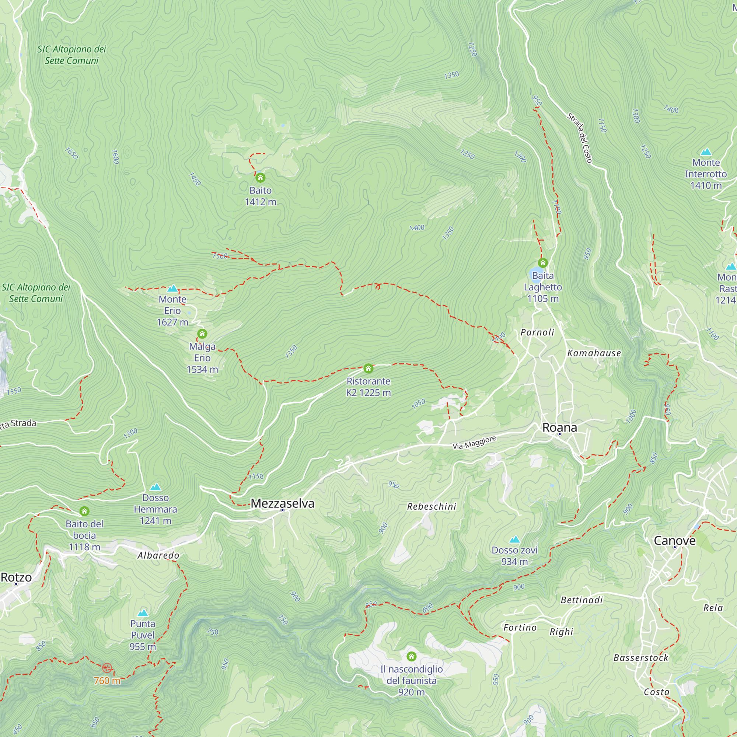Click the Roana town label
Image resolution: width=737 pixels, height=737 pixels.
(x=559, y=427)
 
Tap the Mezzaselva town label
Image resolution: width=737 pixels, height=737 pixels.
(x=282, y=503)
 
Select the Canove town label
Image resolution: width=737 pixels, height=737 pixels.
(x=674, y=541)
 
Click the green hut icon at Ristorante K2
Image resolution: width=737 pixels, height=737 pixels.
(x=368, y=368)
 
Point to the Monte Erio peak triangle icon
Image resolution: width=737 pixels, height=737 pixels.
(x=172, y=289)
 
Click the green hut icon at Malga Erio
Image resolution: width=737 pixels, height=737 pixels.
(x=202, y=334)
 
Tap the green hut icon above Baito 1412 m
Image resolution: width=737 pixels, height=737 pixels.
(x=260, y=177)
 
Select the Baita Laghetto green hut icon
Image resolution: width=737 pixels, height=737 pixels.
(x=542, y=262)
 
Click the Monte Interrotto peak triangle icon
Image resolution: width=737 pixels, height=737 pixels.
(x=706, y=152)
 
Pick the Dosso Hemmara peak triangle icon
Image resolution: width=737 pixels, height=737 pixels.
(x=155, y=487)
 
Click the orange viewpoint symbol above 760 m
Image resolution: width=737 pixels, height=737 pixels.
(x=107, y=668)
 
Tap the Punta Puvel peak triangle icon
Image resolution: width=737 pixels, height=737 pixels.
(x=143, y=613)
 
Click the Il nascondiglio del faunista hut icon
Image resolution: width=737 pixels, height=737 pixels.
(x=411, y=656)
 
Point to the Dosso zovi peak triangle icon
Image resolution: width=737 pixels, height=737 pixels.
(x=514, y=539)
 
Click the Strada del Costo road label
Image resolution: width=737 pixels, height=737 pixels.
(x=579, y=138)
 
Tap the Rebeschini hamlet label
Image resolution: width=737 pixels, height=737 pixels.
(x=432, y=507)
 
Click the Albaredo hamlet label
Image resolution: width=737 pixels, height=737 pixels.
(x=158, y=555)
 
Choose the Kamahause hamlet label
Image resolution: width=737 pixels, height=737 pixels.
(x=594, y=353)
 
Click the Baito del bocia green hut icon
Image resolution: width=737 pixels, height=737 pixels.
(x=84, y=511)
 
